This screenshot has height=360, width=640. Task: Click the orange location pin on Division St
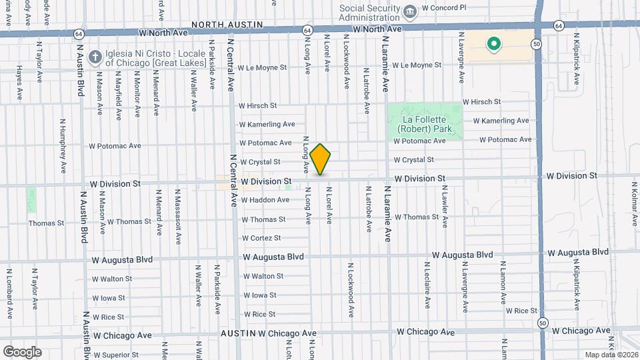point(321,159)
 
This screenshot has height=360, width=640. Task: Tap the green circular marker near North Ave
point(494,45)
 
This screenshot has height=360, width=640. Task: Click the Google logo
point(22,352)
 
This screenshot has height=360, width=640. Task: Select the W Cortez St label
point(261,238)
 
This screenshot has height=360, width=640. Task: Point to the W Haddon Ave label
point(265,200)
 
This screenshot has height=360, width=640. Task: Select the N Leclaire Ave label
point(427,284)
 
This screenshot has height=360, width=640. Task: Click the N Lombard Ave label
point(10,293)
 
